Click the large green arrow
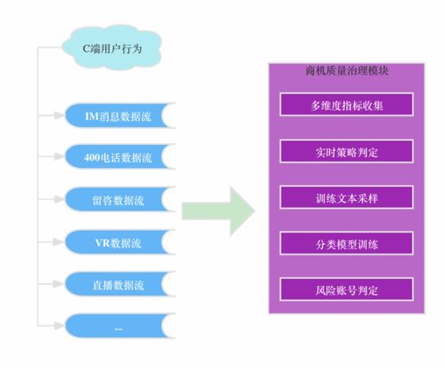tap(218, 211)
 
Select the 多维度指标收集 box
tap(346, 105)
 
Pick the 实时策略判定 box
tap(346, 151)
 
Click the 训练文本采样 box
tap(346, 197)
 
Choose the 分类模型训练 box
tap(346, 243)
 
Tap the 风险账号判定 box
tap(346, 289)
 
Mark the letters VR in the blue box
tap(102, 242)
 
